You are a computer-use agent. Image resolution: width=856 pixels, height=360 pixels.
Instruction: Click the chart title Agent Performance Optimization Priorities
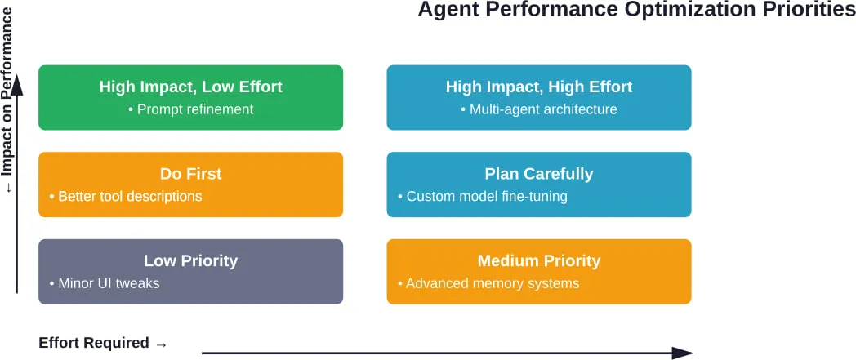pos(636,11)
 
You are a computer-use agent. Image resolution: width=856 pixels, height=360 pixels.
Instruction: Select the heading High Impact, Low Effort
pos(191,87)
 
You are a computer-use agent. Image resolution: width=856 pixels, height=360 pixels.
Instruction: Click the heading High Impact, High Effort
pos(539,87)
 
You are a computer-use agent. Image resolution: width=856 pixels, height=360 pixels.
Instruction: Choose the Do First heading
pos(191,174)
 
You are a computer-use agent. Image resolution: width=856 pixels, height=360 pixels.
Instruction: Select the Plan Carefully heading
pos(539,174)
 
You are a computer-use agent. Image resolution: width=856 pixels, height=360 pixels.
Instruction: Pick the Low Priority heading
pos(191,261)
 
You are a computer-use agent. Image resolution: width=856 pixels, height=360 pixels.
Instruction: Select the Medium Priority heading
pos(539,261)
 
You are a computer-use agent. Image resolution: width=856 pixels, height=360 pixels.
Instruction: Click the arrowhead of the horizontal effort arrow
pos(683,353)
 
